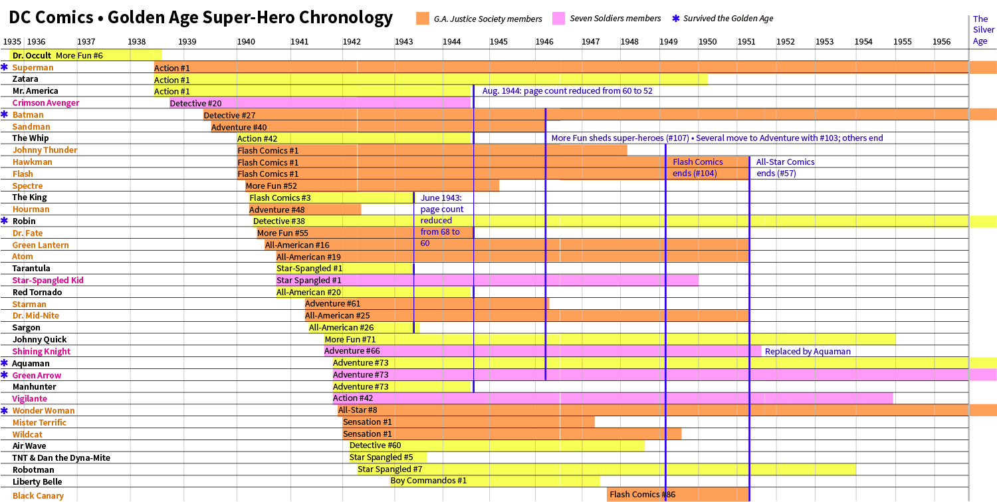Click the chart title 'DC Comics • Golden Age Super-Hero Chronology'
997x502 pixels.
pos(201,18)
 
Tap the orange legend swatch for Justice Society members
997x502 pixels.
pos(423,19)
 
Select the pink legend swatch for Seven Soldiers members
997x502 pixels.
pos(558,19)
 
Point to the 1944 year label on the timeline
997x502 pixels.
pos(452,42)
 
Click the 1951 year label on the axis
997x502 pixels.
pos(746,42)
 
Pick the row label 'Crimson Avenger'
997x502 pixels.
pos(45,103)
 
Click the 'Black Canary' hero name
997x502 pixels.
pos(38,495)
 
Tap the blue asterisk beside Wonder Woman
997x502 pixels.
pos(5,410)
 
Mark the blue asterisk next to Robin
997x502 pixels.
pos(5,221)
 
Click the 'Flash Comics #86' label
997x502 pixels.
pos(637,494)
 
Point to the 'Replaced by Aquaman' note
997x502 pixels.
pos(808,351)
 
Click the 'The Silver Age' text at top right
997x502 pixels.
pos(983,30)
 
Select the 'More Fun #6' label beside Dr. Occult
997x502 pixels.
pos(79,55)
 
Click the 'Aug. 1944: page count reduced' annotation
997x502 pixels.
pos(567,91)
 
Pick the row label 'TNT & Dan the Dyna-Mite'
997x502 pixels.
pos(61,457)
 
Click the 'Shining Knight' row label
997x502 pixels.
pos(41,351)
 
